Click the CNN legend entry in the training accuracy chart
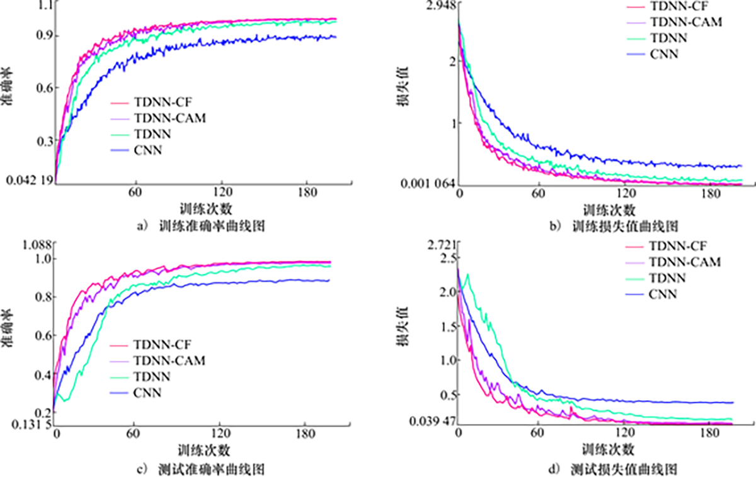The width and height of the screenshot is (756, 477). (x=148, y=150)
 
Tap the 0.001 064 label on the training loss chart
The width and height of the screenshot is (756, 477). (x=427, y=184)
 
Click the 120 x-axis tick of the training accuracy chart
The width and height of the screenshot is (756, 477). (x=220, y=192)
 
